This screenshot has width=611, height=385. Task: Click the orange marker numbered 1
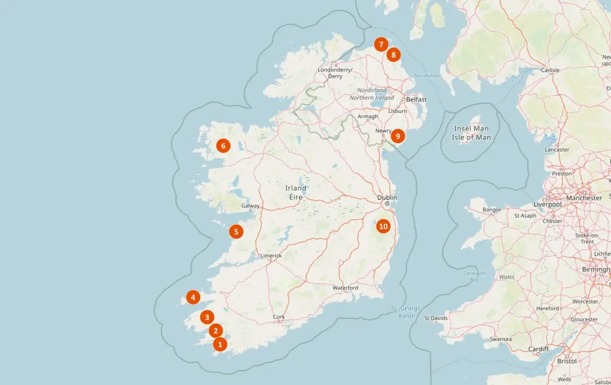220,343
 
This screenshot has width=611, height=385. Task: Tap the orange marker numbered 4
193,298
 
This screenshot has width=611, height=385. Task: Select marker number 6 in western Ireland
223,146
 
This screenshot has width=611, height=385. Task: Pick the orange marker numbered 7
380,45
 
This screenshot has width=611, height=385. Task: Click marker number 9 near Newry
398,136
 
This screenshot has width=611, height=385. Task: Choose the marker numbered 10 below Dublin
383,226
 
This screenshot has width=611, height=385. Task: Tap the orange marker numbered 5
236,232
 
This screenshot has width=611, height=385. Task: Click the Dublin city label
387,197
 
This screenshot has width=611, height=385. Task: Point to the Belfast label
416,99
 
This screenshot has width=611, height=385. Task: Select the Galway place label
250,206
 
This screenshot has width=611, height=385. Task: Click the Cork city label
279,317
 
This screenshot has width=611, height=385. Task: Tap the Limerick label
271,256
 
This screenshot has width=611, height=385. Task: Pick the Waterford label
345,288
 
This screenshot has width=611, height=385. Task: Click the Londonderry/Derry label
336,73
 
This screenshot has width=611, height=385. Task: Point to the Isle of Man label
471,133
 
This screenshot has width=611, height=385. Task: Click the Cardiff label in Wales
538,349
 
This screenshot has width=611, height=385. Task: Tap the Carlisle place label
550,70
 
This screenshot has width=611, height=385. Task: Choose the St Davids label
436,318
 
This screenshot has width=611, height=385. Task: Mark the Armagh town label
368,117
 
